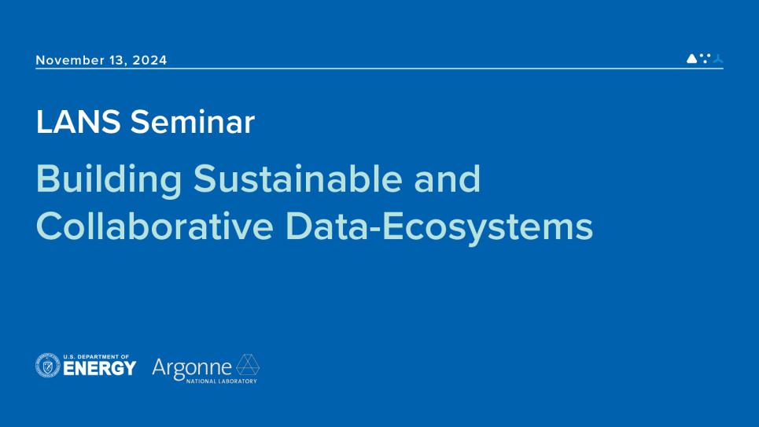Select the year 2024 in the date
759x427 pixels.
click(x=149, y=60)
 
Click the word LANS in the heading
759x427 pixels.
click(x=78, y=122)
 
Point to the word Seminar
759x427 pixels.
click(x=192, y=122)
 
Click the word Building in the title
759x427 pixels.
click(x=109, y=180)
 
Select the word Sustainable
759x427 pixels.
click(x=297, y=179)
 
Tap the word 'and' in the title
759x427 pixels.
click(x=447, y=179)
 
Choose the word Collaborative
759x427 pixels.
click(x=154, y=226)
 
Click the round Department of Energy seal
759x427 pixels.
click(x=48, y=365)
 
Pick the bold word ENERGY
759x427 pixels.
click(x=100, y=369)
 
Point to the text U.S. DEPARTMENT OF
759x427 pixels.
click(x=96, y=357)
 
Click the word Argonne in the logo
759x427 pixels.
click(x=192, y=368)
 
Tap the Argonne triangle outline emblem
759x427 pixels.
click(x=247, y=365)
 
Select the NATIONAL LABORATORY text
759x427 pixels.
click(x=222, y=381)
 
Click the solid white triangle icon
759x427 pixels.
click(x=691, y=58)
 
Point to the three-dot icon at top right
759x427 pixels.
click(x=706, y=58)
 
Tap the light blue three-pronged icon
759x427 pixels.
click(x=718, y=58)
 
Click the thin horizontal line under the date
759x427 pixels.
click(x=379, y=68)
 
